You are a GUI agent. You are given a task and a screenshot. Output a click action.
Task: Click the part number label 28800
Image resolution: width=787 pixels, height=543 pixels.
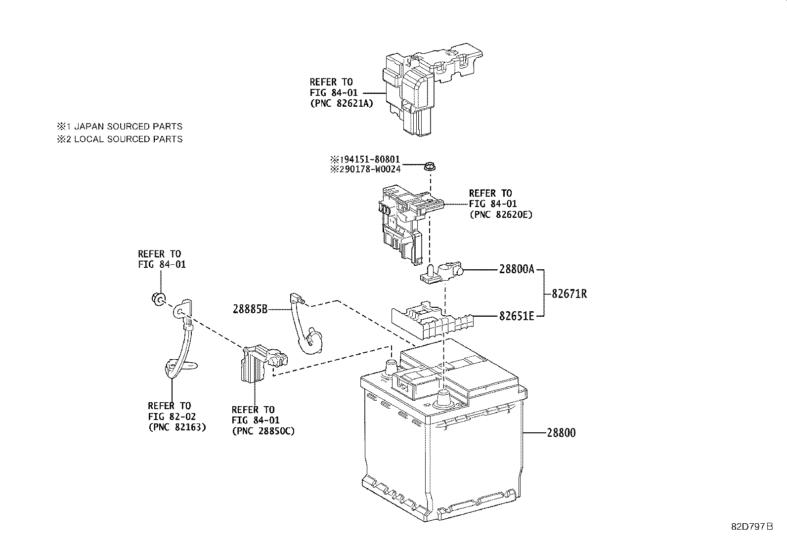pos(561,433)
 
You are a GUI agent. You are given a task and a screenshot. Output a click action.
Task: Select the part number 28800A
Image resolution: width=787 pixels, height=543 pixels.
pos(517,270)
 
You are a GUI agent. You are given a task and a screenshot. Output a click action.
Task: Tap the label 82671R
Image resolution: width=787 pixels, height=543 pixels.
pos(569,294)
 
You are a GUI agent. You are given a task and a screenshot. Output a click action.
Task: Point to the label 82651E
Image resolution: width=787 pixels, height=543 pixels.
pos(517,316)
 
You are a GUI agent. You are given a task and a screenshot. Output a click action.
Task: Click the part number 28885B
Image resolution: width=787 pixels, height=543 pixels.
pos(250,309)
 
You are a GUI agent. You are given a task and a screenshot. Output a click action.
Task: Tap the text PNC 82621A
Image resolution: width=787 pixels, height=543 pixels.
pos(341,104)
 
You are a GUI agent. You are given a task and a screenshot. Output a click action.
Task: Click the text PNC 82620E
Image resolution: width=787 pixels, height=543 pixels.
pos(500,214)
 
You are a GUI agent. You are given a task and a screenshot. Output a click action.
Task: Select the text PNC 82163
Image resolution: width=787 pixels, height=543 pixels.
pos(177,427)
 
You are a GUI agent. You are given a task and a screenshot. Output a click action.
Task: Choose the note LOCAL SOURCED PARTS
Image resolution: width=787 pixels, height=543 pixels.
pos(128,139)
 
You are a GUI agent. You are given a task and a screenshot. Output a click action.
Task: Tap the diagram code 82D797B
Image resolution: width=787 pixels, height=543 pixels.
pos(751,527)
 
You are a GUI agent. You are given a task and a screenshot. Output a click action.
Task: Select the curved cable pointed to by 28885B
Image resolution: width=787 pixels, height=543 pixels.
pos(303,326)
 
